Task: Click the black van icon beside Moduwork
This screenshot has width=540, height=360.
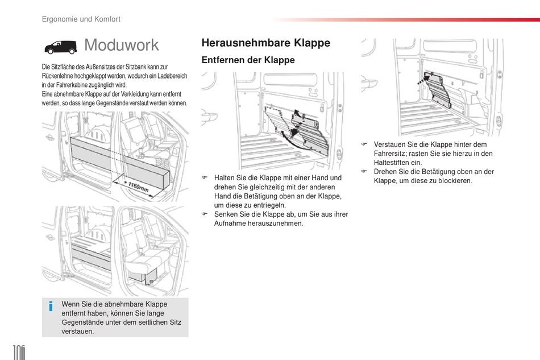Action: pyautogui.click(x=60, y=47)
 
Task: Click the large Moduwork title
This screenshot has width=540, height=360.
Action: pyautogui.click(x=122, y=45)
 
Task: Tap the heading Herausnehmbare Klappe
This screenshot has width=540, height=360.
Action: pyautogui.click(x=266, y=43)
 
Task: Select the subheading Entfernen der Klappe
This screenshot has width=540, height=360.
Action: pyautogui.click(x=248, y=60)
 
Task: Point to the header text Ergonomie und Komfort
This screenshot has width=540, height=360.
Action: pyautogui.click(x=81, y=19)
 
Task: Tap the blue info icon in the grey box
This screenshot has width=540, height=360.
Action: pyautogui.click(x=51, y=306)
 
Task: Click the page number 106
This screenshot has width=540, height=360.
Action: pyautogui.click(x=19, y=352)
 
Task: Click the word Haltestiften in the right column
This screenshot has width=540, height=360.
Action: pyautogui.click(x=391, y=163)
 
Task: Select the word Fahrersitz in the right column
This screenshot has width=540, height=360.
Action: pyautogui.click(x=390, y=154)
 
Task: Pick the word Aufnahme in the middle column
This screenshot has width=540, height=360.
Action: pyautogui.click(x=230, y=224)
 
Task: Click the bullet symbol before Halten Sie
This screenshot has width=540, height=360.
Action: pyautogui.click(x=205, y=177)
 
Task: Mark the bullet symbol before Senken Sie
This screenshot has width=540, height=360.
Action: pyautogui.click(x=205, y=214)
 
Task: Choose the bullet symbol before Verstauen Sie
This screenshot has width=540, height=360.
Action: pyautogui.click(x=364, y=144)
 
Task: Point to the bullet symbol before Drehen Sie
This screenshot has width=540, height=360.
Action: pyautogui.click(x=364, y=171)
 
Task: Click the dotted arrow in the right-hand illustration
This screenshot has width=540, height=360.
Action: pyautogui.click(x=423, y=80)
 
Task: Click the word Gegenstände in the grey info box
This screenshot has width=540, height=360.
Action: pyautogui.click(x=81, y=322)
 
